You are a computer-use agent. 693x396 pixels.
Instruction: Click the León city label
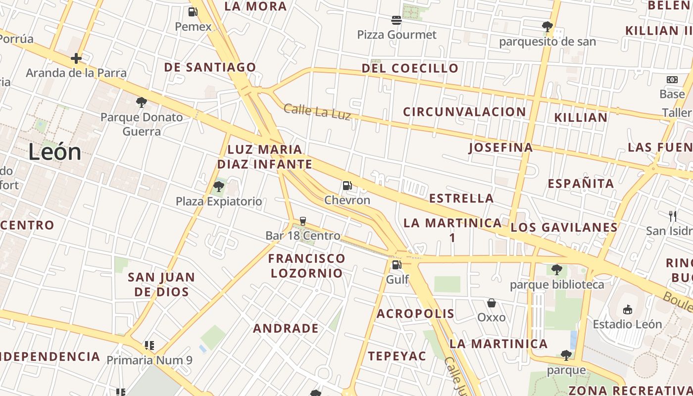pyautogui.click(x=54, y=151)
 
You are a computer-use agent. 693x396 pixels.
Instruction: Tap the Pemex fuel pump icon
pyautogui.click(x=193, y=12)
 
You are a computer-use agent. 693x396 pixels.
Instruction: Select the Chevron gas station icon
pyautogui.click(x=347, y=186)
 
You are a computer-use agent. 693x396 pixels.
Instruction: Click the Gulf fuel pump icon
pyautogui.click(x=396, y=265)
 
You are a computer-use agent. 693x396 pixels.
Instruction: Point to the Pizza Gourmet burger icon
pyautogui.click(x=396, y=20)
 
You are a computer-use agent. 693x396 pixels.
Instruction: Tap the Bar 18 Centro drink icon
pyautogui.click(x=303, y=221)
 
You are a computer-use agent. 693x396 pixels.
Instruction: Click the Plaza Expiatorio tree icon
pyautogui.click(x=218, y=187)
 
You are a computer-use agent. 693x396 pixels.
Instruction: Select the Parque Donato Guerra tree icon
pyautogui.click(x=142, y=102)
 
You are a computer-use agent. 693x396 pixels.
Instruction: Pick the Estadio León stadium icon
pyautogui.click(x=627, y=309)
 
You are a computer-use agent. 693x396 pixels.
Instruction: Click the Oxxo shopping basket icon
pyautogui.click(x=492, y=302)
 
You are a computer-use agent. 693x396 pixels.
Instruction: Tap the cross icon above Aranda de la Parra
pyautogui.click(x=76, y=58)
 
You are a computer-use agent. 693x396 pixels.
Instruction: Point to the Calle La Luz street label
pyautogui.click(x=317, y=111)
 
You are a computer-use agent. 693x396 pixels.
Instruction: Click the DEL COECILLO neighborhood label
pyautogui.click(x=410, y=68)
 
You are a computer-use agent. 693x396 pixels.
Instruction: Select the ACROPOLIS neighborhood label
pyautogui.click(x=415, y=313)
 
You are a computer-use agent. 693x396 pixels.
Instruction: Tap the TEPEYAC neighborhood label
pyautogui.click(x=396, y=356)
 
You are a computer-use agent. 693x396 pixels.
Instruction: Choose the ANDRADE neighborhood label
pyautogui.click(x=286, y=328)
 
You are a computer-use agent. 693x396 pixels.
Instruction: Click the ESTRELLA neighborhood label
pyautogui.click(x=461, y=198)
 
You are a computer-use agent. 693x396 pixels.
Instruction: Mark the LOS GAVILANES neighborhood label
pyautogui.click(x=564, y=227)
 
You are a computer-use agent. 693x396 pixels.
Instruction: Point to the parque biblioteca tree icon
pyautogui.click(x=557, y=270)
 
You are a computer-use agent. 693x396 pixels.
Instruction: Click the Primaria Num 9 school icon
pyautogui.click(x=149, y=345)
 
